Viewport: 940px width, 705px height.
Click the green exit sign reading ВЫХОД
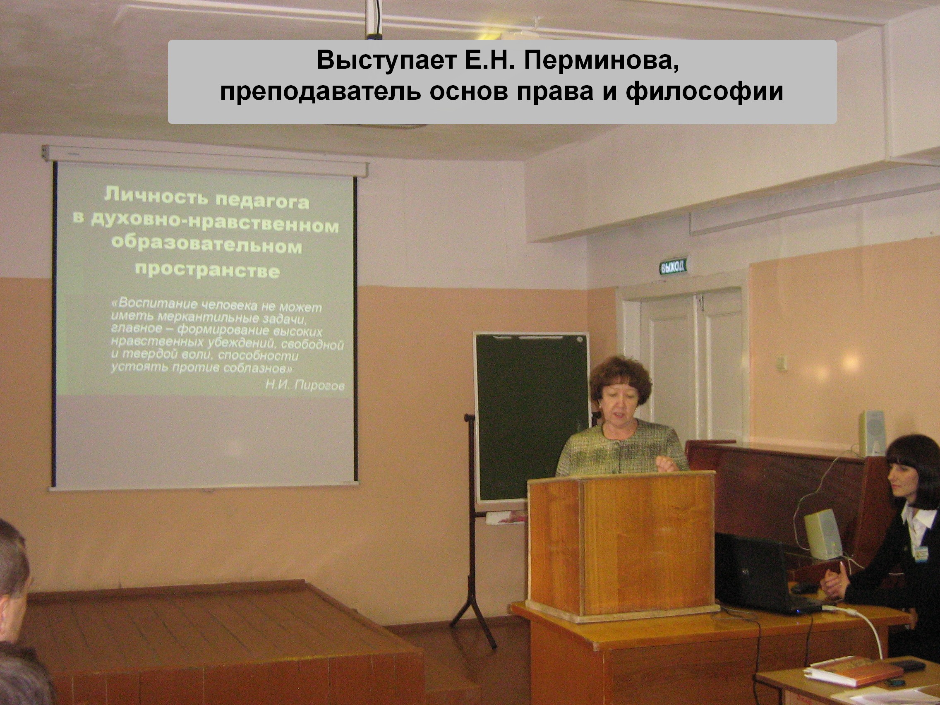(673, 266)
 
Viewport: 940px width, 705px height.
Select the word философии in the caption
(705, 92)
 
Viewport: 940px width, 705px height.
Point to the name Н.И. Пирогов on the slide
(305, 385)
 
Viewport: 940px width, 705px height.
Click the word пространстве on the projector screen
(207, 270)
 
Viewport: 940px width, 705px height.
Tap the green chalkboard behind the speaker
(531, 417)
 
